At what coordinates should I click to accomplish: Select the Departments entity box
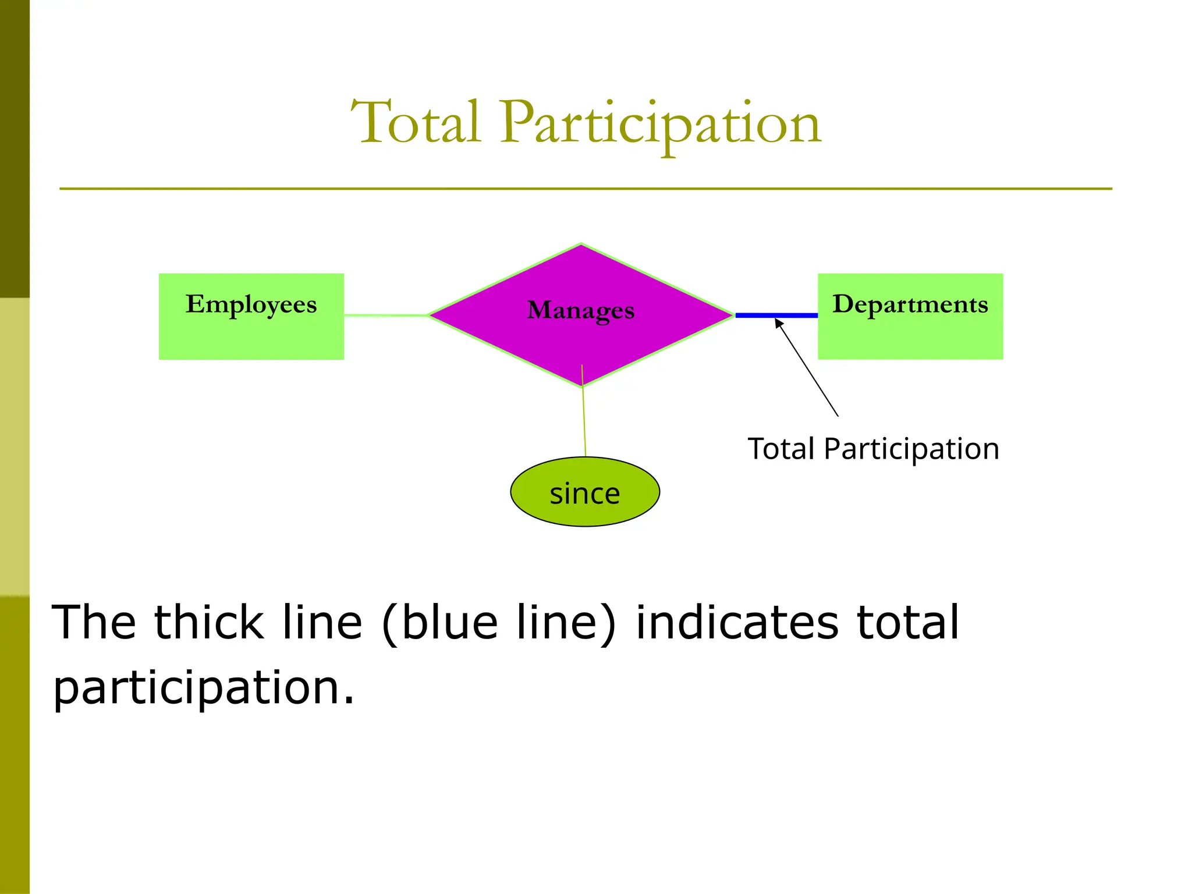click(x=910, y=335)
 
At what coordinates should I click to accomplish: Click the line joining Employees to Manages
click(x=385, y=315)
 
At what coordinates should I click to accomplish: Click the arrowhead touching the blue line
click(x=778, y=322)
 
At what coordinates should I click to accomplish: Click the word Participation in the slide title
click(x=660, y=123)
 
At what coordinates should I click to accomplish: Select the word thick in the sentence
click(x=208, y=623)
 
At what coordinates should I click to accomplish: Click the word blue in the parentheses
click(x=449, y=623)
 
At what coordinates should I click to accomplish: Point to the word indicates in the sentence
click(x=737, y=623)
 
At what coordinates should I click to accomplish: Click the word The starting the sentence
click(x=94, y=623)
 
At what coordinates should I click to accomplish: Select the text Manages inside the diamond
click(x=580, y=310)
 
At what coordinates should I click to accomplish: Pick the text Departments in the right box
click(x=910, y=304)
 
